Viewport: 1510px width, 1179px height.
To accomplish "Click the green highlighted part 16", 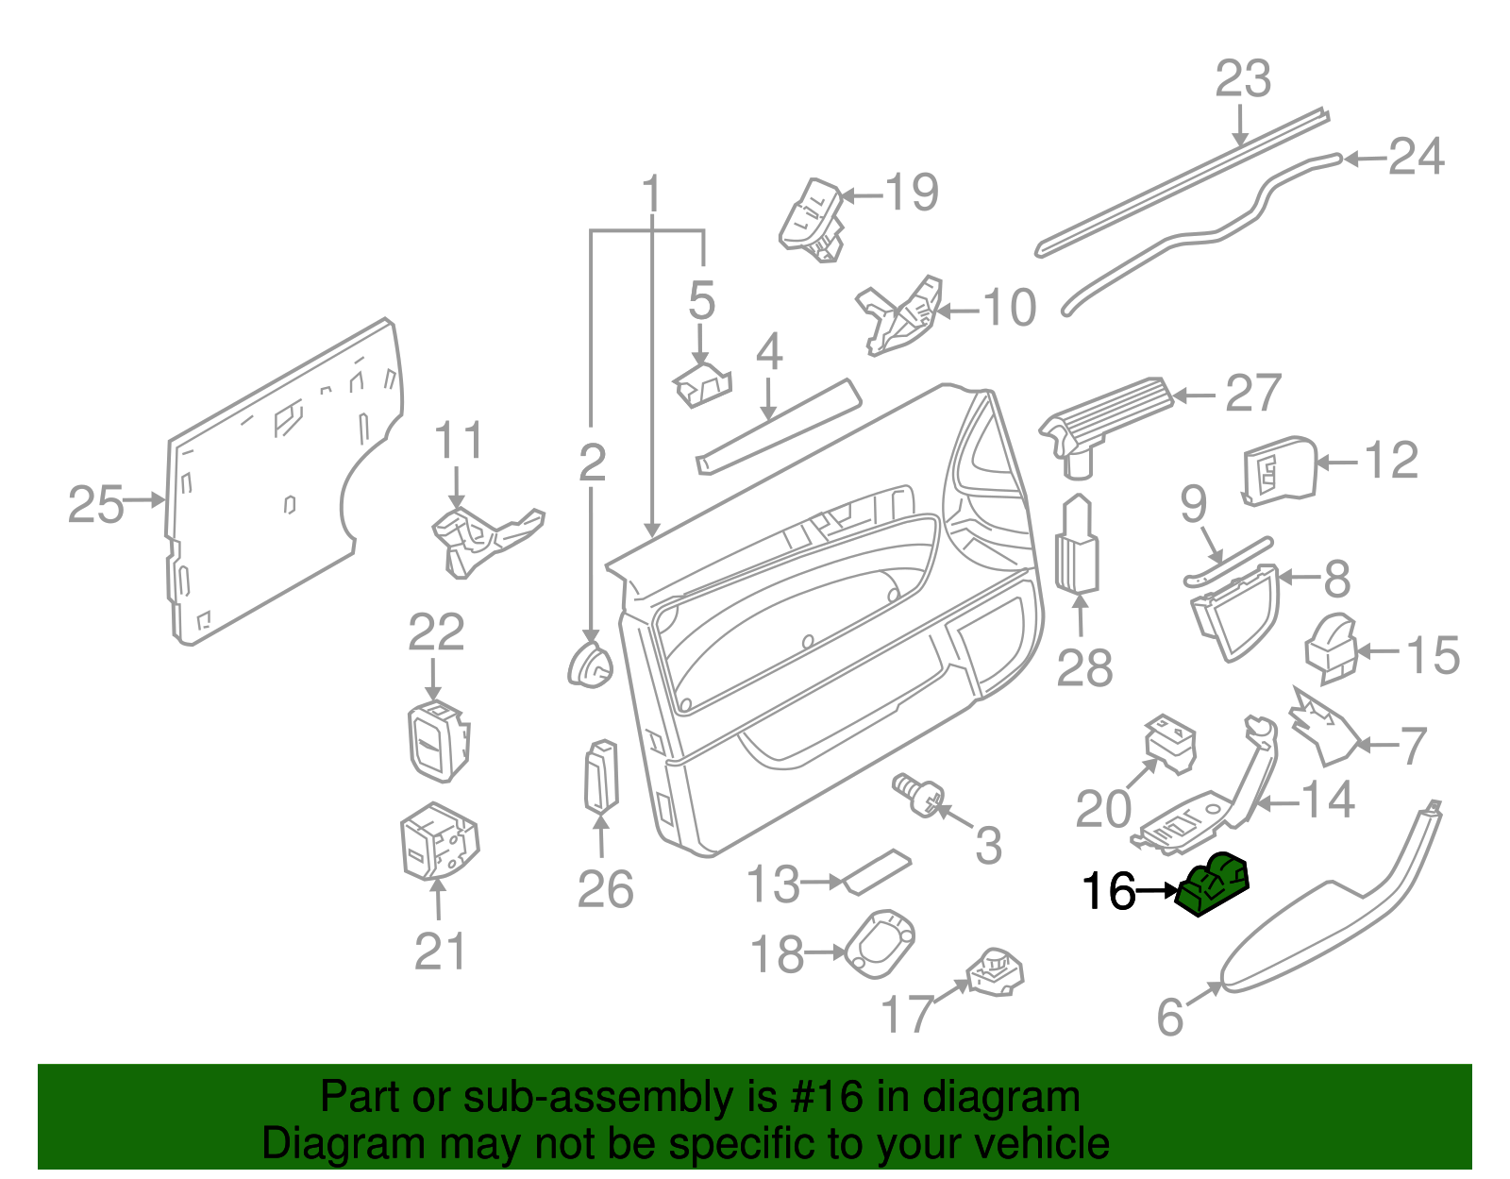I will point(1215,884).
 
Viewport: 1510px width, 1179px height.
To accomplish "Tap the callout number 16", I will point(1108,891).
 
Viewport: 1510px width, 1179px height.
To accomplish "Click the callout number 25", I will point(95,504).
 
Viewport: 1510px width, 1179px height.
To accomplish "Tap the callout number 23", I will point(1242,79).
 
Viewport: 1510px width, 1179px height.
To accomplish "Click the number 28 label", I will point(1084,667).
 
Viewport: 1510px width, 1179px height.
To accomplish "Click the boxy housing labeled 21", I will point(438,841).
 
